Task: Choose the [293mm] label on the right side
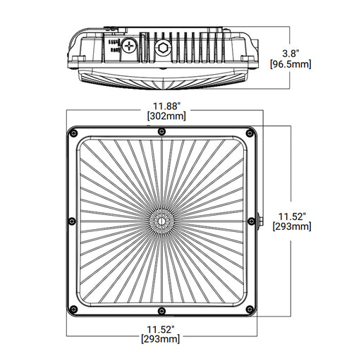click(293, 226)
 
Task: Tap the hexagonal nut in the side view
click(163, 49)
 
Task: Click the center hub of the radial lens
click(162, 221)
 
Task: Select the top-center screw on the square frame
click(162, 132)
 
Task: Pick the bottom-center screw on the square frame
click(162, 310)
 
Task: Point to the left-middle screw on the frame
click(72, 221)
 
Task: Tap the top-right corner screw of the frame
click(251, 132)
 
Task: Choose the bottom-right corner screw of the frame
click(251, 310)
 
